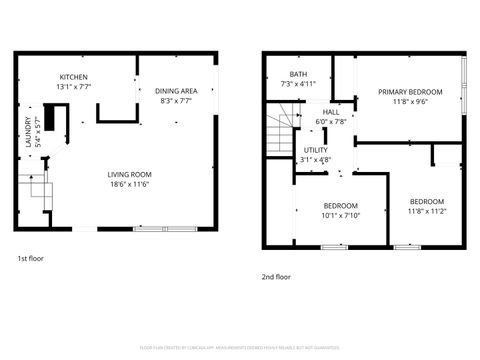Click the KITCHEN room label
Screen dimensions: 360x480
point(74,77)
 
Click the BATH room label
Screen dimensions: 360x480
point(298,74)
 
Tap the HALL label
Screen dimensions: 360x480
point(330,112)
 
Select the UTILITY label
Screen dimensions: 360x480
point(316,149)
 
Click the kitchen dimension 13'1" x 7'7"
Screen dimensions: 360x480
point(74,86)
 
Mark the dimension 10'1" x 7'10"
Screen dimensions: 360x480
point(340,215)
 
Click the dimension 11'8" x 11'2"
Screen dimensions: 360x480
point(426,211)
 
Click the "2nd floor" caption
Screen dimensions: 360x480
point(276,277)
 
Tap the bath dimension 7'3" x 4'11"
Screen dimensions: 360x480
point(298,84)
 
